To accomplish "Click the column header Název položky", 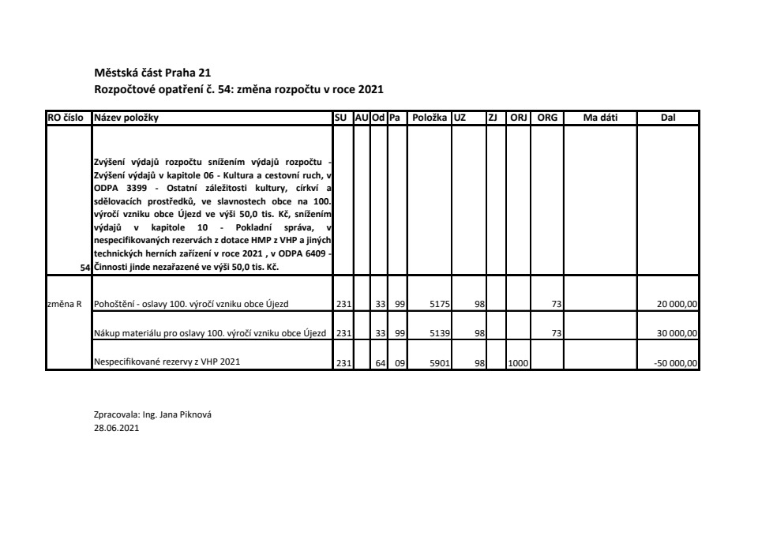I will [126, 118].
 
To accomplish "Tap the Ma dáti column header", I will [600, 118].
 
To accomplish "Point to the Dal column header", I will [668, 118].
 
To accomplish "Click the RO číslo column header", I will [66, 118].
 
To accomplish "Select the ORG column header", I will [547, 118].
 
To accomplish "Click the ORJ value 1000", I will [518, 363].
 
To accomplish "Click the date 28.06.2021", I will [116, 429].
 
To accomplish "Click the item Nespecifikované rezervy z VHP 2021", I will [167, 362].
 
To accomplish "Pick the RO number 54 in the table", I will [87, 268].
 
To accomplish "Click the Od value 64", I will [380, 363].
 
